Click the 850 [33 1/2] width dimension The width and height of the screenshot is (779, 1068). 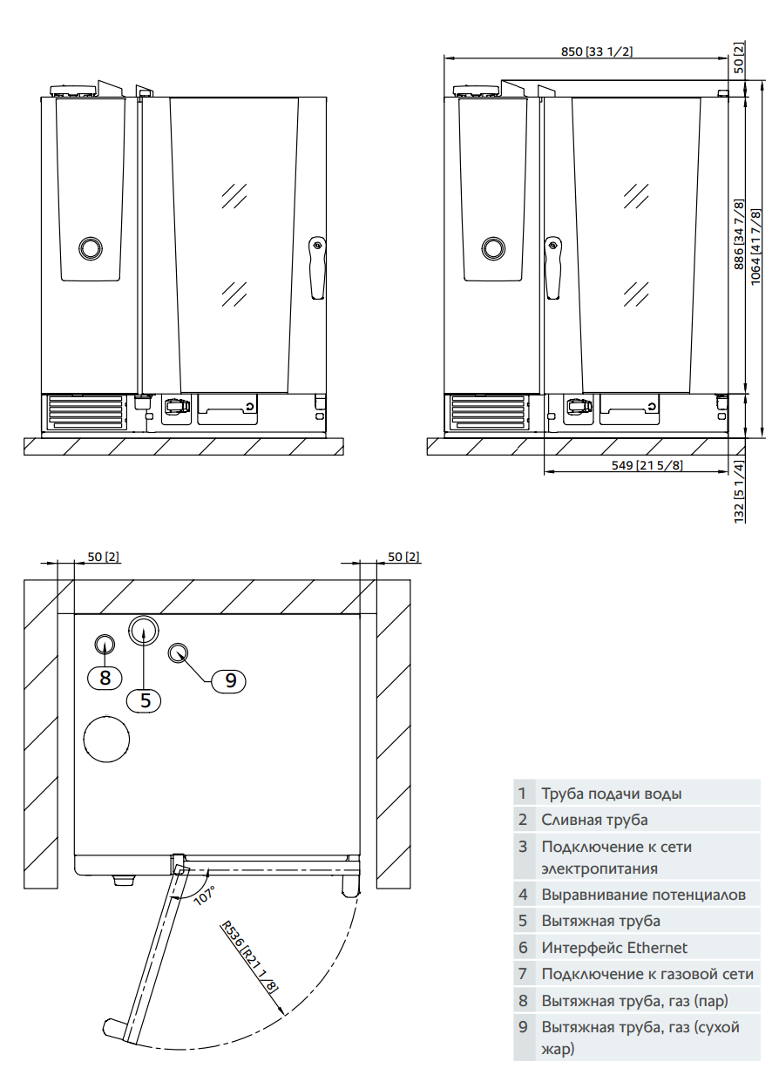(597, 51)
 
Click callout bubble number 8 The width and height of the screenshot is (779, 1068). (105, 677)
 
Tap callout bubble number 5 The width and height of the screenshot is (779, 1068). (146, 700)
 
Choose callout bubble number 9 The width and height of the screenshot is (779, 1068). (230, 680)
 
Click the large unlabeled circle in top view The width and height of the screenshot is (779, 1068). (107, 739)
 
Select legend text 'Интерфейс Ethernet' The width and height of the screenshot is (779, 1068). (613, 948)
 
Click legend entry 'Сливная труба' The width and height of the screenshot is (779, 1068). (594, 820)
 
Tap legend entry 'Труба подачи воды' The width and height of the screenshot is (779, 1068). (611, 794)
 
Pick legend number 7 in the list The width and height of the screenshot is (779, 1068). (523, 974)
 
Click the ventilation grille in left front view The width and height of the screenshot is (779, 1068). (86, 411)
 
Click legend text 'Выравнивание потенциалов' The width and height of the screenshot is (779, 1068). (643, 895)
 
